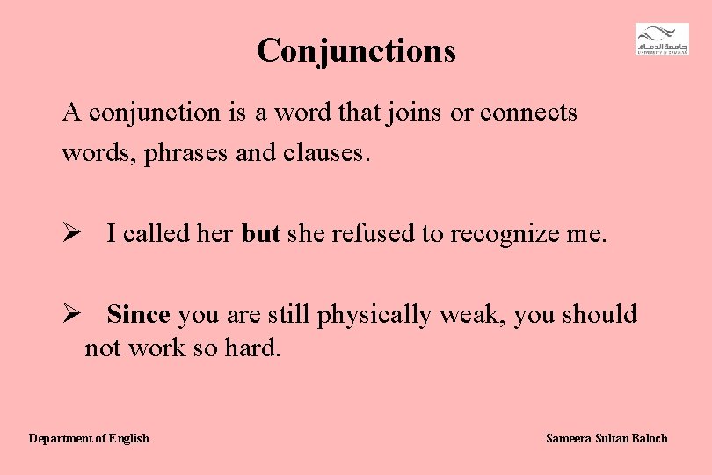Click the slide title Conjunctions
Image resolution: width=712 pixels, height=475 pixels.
pyautogui.click(x=356, y=50)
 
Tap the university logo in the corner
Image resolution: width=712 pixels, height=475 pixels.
pyautogui.click(x=662, y=40)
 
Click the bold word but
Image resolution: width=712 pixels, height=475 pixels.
pyautogui.click(x=260, y=234)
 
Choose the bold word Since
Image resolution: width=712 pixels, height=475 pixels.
pyautogui.click(x=141, y=314)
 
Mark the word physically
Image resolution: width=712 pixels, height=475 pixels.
pyautogui.click(x=374, y=315)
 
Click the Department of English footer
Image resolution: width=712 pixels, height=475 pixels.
pyautogui.click(x=89, y=438)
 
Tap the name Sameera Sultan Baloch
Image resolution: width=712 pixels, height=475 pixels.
pyautogui.click(x=607, y=438)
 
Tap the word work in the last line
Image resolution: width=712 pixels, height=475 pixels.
pyautogui.click(x=156, y=347)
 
